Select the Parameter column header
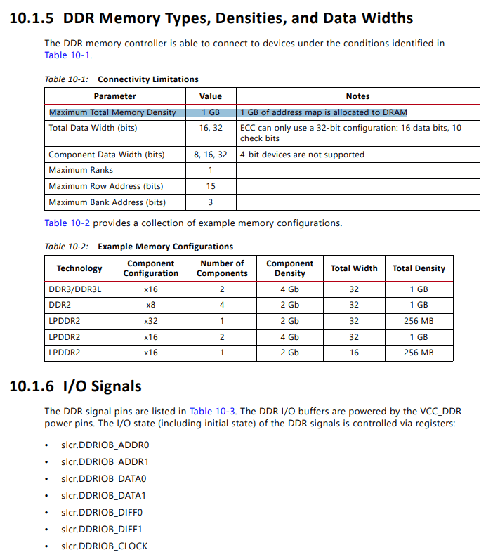pyautogui.click(x=114, y=96)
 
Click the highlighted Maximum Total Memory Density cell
pyautogui.click(x=112, y=112)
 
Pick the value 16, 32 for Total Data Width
pyautogui.click(x=211, y=128)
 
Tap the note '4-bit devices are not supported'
pyautogui.click(x=302, y=155)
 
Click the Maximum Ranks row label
pyautogui.click(x=81, y=170)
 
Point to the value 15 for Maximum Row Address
pyautogui.click(x=211, y=186)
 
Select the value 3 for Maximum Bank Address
pyautogui.click(x=211, y=202)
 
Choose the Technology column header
pyautogui.click(x=79, y=268)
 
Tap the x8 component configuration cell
pyautogui.click(x=151, y=305)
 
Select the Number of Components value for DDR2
pyautogui.click(x=222, y=305)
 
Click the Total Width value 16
pyautogui.click(x=354, y=353)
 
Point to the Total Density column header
pyautogui.click(x=419, y=268)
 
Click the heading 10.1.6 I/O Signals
pyautogui.click(x=76, y=386)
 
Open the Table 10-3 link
pyautogui.click(x=213, y=411)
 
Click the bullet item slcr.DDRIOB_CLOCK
pyautogui.click(x=104, y=546)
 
